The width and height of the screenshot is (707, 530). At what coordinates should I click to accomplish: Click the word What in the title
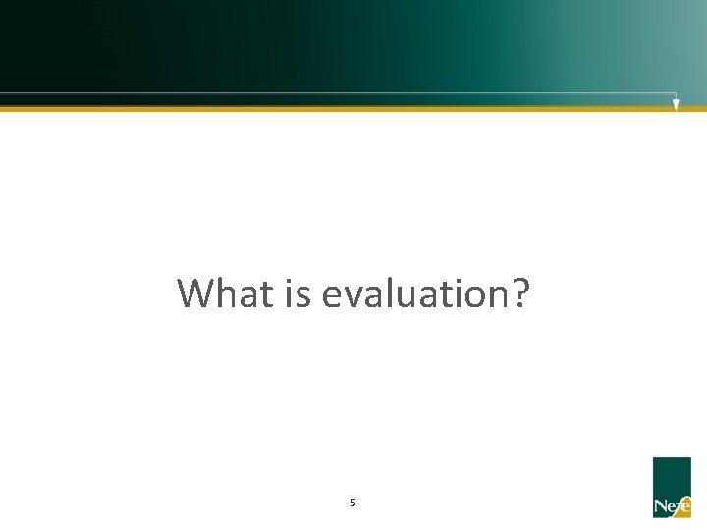[222, 293]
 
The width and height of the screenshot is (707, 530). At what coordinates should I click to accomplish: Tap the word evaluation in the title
[410, 293]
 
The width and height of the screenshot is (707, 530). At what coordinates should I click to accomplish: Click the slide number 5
[353, 503]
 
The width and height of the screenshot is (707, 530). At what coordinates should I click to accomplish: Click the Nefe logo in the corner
[672, 487]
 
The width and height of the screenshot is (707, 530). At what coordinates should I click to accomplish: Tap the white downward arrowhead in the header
[676, 104]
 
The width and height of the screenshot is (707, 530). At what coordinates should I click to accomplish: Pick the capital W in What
[196, 293]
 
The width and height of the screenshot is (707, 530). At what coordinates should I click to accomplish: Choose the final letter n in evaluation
[494, 296]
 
